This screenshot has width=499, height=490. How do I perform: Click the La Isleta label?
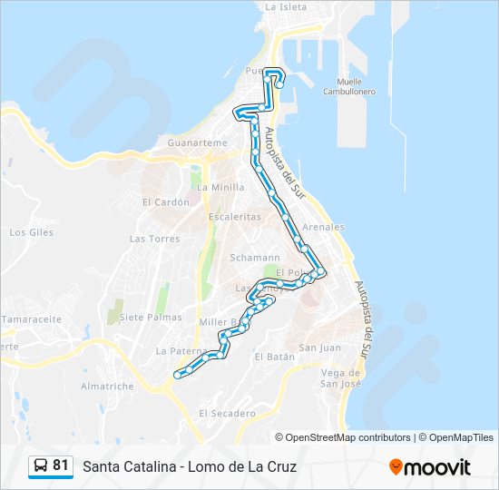pos(285,6)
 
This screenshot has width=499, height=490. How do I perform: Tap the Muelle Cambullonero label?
pos(356,86)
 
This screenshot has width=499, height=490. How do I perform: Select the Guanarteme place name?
pos(197,142)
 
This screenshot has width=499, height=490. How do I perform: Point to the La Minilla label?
pos(221,187)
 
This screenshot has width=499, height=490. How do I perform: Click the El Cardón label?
pos(165,201)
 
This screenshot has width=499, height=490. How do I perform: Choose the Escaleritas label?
pos(234,217)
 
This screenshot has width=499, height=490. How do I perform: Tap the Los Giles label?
pos(31,232)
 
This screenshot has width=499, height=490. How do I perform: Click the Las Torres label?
pos(154,239)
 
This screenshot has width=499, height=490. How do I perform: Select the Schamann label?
pos(249,258)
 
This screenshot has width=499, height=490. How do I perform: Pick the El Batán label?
pos(275,358)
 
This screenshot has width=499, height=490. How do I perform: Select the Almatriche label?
pos(107,386)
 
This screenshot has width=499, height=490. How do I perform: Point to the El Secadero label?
pos(227,413)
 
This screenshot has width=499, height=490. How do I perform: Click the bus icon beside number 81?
pos(41,466)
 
